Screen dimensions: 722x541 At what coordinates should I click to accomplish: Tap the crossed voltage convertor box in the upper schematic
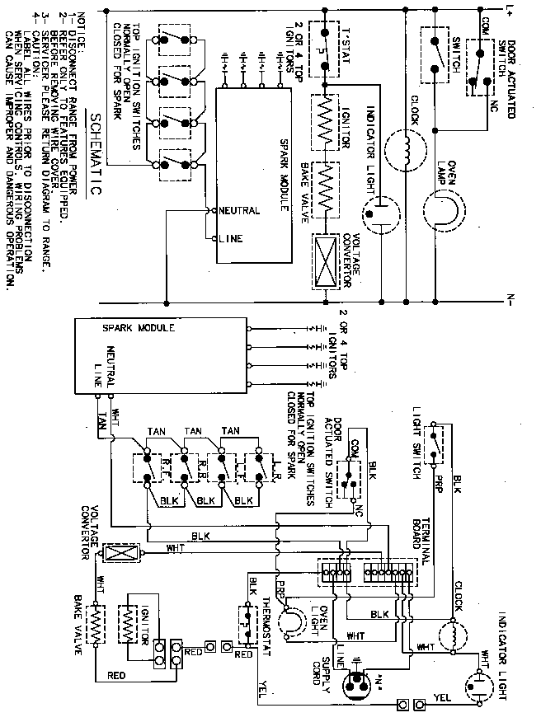(x=324, y=259)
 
